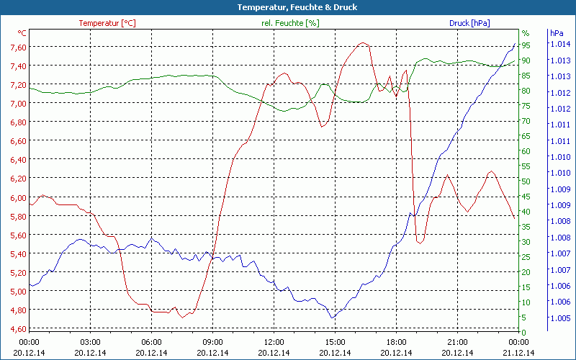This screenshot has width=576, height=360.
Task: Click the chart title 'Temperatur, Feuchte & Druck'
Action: pos(287,7)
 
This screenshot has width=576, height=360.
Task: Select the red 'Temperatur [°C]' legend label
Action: pos(107,23)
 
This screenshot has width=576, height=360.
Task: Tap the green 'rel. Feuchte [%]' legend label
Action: pos(289,23)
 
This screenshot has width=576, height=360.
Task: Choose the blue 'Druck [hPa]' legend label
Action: pos(469,23)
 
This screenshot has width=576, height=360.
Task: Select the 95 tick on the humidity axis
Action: pos(526,45)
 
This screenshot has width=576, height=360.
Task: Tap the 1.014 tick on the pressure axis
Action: pos(559,45)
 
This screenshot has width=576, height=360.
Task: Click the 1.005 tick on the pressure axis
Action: pos(559,318)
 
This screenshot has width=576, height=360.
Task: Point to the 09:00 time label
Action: pos(212,342)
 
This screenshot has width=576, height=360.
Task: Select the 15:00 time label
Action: pos(335,342)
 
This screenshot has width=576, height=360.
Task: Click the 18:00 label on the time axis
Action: pos(396,342)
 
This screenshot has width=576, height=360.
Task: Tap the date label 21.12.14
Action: pos(518,352)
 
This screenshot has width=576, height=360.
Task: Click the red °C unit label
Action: pos(22,33)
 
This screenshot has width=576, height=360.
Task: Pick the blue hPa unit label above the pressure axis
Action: pos(557,33)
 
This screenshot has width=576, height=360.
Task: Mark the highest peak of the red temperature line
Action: pos(364,42)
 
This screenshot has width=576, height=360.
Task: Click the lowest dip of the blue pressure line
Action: pos(332,318)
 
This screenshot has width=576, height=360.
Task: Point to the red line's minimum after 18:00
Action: pos(419,243)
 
